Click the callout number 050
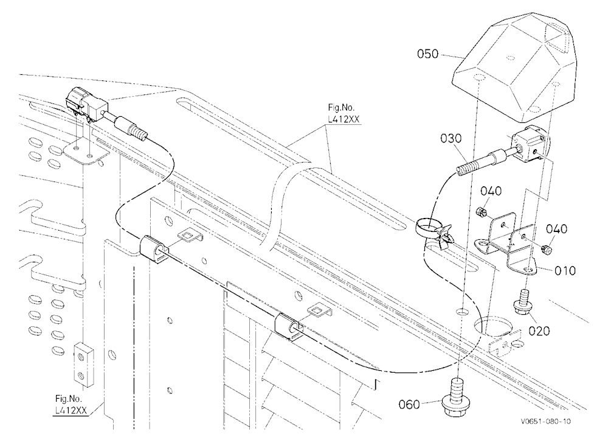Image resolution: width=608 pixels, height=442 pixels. (427, 54)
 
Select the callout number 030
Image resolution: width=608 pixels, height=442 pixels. (451, 138)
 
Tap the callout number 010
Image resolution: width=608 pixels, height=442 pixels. (565, 271)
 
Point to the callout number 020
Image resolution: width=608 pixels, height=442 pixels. (539, 331)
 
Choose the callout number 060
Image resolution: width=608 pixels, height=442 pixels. (409, 405)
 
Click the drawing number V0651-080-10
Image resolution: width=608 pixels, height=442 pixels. (545, 421)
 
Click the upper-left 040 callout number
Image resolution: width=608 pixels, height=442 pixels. (491, 191)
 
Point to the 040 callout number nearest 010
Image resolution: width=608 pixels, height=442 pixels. (556, 229)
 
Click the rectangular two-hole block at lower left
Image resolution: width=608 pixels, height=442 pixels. (84, 365)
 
